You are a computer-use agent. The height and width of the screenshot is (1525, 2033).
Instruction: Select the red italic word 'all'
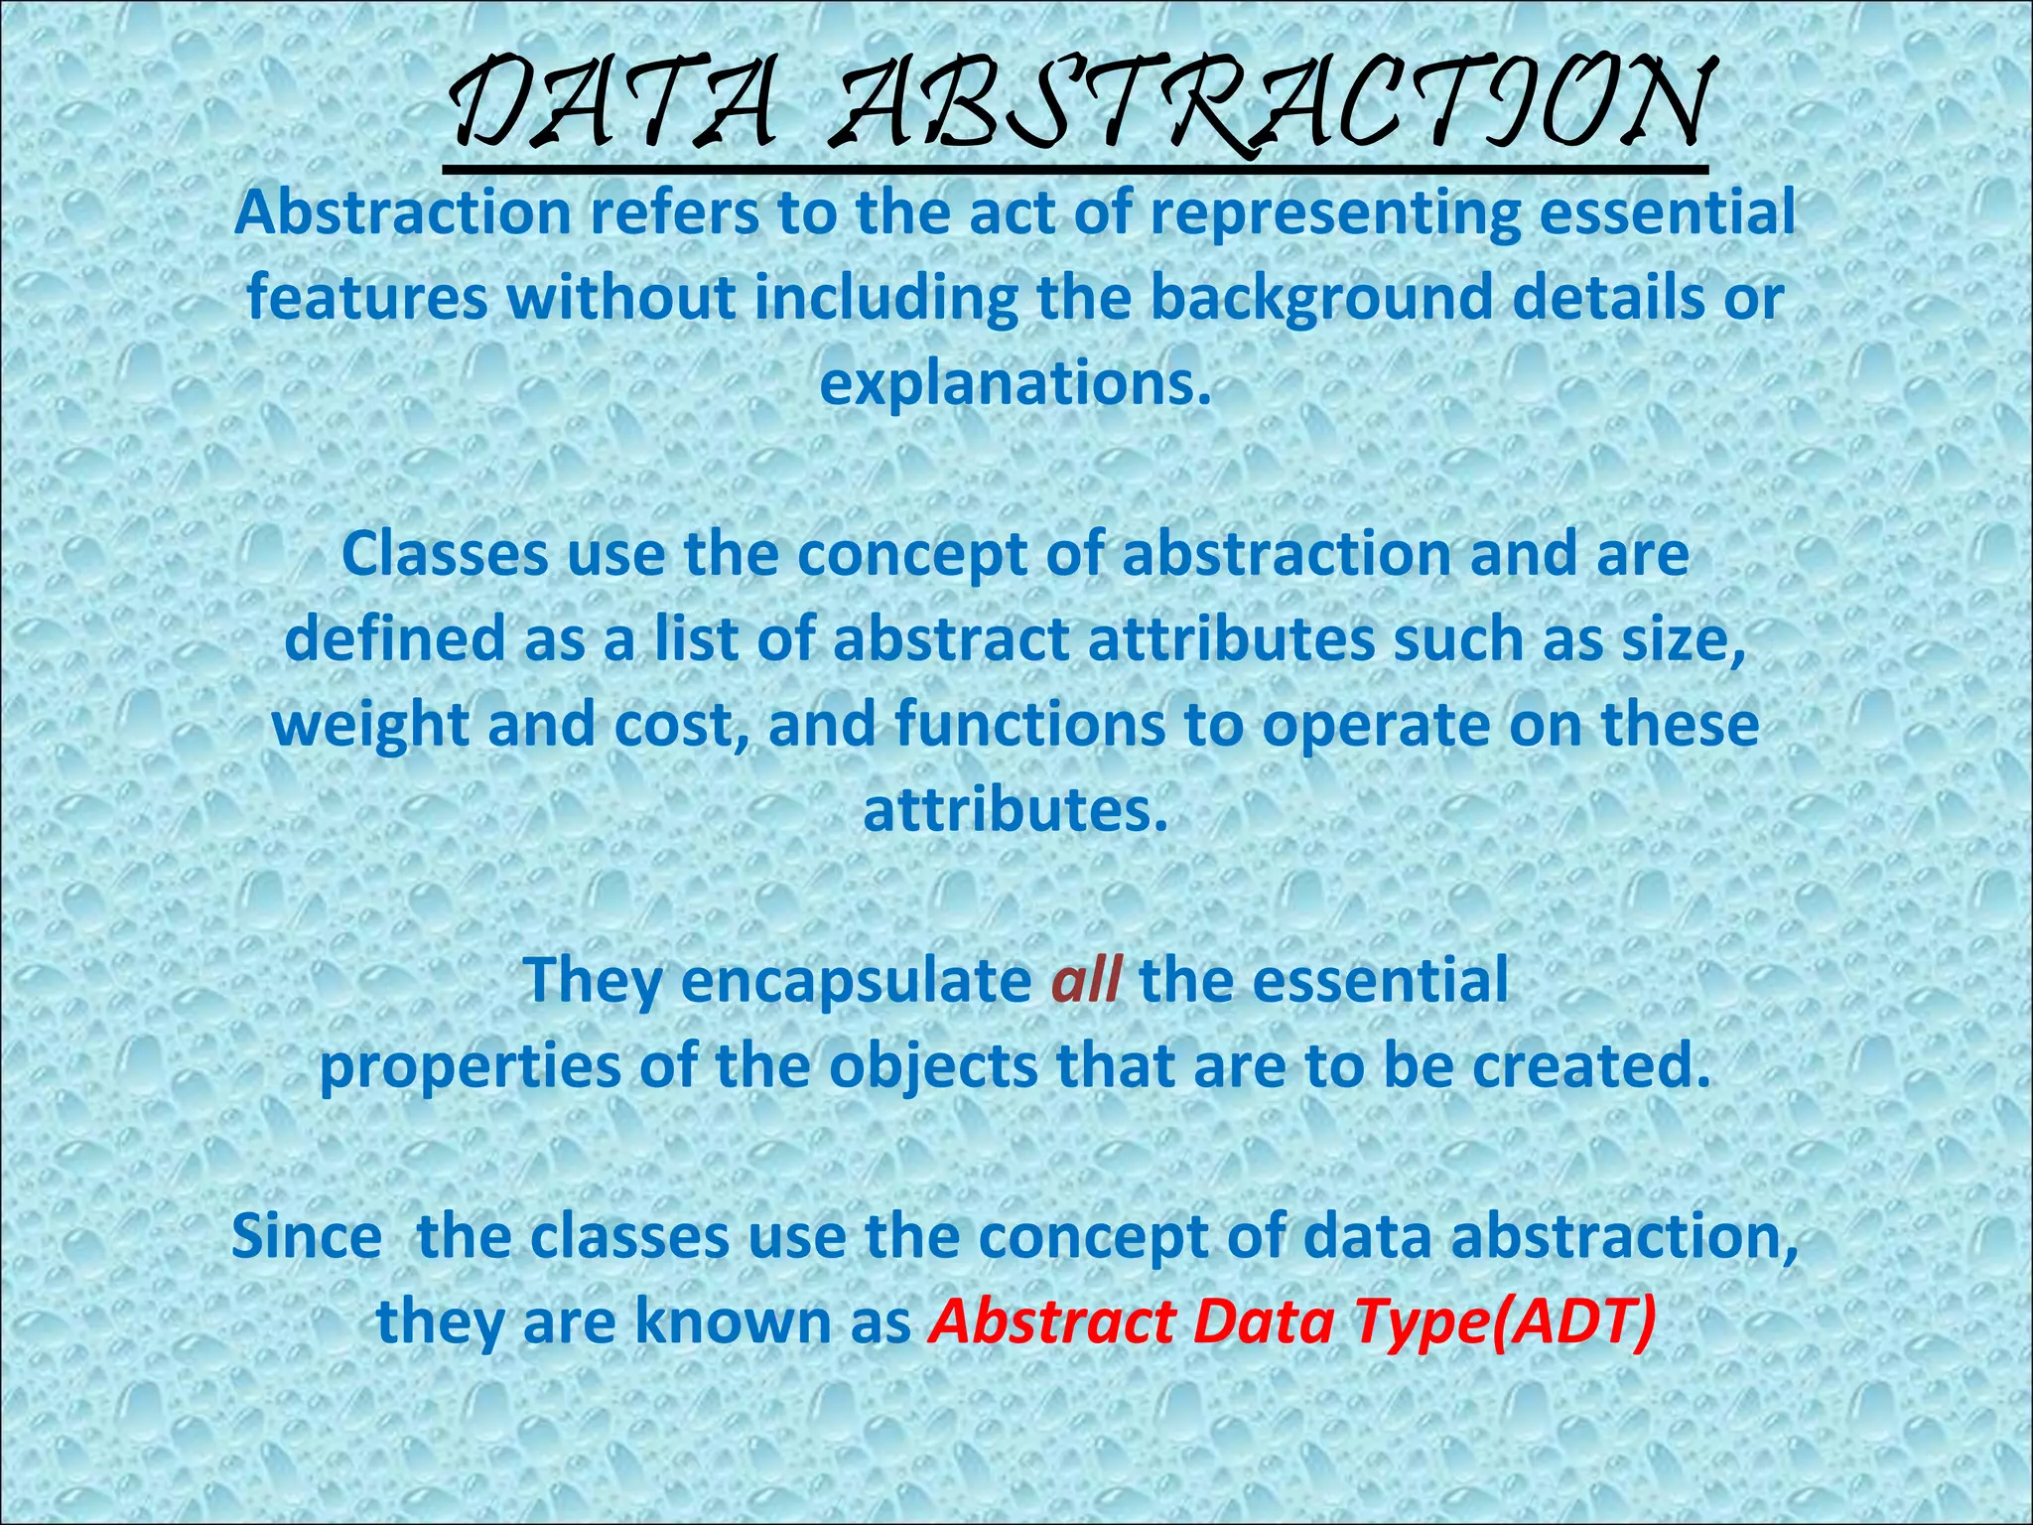tap(1086, 981)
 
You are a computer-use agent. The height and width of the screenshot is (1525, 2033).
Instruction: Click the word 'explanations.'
tap(1016, 385)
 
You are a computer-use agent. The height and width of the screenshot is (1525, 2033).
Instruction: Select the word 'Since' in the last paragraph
tap(306, 1237)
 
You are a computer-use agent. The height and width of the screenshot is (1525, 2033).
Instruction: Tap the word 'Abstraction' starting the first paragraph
tap(403, 212)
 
